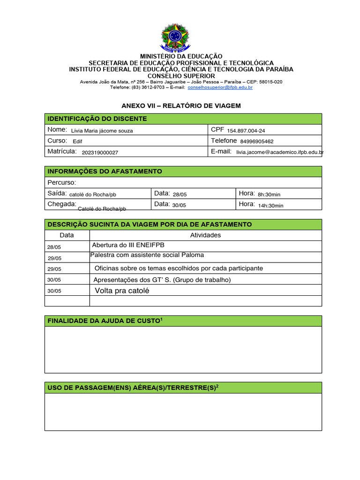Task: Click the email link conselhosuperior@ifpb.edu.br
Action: (220, 87)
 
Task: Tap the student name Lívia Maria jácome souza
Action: (102, 131)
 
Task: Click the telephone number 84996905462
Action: (257, 141)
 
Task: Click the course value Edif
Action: (77, 141)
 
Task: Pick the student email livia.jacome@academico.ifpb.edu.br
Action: (280, 152)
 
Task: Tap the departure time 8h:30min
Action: (269, 194)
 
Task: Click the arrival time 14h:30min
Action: (270, 205)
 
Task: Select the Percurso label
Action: (61, 182)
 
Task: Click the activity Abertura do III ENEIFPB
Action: (128, 245)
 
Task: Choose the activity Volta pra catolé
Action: (122, 291)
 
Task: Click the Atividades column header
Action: (205, 235)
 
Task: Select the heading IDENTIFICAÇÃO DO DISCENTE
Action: (97, 119)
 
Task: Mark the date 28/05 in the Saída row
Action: (180, 194)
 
